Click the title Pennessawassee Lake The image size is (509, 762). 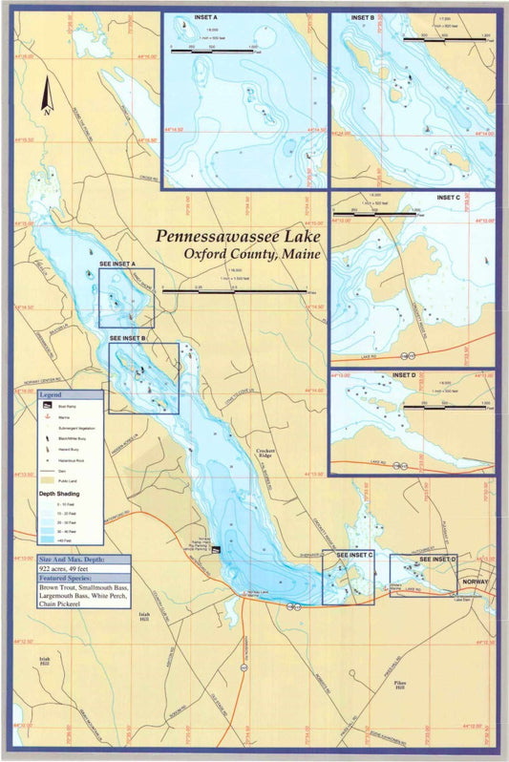coord(239,236)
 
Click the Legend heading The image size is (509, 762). coord(50,393)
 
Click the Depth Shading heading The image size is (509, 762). coord(58,494)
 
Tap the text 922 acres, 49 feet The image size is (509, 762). coord(71,567)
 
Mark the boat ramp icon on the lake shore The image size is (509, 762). coord(216,550)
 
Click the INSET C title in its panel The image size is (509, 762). coord(448,198)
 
